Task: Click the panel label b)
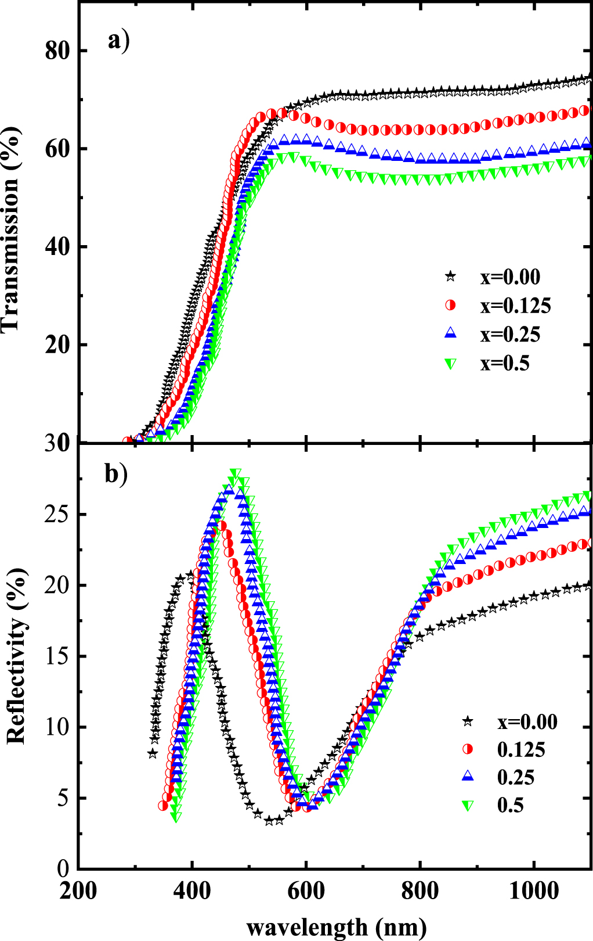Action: pyautogui.click(x=116, y=475)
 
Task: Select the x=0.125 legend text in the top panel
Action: pyautogui.click(x=515, y=306)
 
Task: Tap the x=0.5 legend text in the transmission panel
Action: pyautogui.click(x=505, y=364)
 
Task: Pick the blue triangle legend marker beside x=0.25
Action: pyautogui.click(x=450, y=334)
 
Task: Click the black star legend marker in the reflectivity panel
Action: pyautogui.click(x=468, y=721)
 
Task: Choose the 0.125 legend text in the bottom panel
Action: pyautogui.click(x=521, y=750)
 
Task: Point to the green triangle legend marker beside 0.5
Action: pyautogui.click(x=468, y=806)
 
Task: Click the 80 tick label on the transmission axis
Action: pyautogui.click(x=57, y=51)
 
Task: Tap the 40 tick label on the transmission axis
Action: pyautogui.click(x=57, y=247)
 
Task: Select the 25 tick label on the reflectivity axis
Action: pyautogui.click(x=57, y=515)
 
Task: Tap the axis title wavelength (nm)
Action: pyautogui.click(x=337, y=927)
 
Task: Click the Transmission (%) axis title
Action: pyautogui.click(x=12, y=227)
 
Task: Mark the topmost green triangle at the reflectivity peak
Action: pyautogui.click(x=235, y=473)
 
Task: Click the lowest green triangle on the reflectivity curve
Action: pyautogui.click(x=176, y=817)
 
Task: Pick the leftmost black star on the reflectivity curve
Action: pyautogui.click(x=153, y=753)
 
